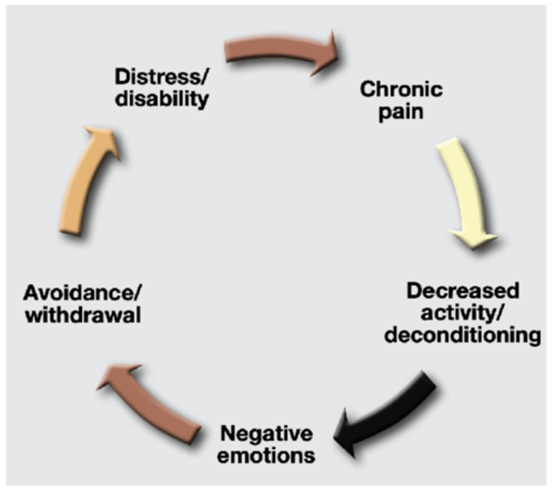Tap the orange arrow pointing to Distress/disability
(x=85, y=181)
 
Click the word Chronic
(x=401, y=89)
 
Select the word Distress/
(x=162, y=77)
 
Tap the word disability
(x=162, y=99)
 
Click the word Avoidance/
(x=83, y=293)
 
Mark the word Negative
(x=267, y=434)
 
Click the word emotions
(x=267, y=456)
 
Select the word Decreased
(x=463, y=291)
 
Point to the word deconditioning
(x=463, y=335)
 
